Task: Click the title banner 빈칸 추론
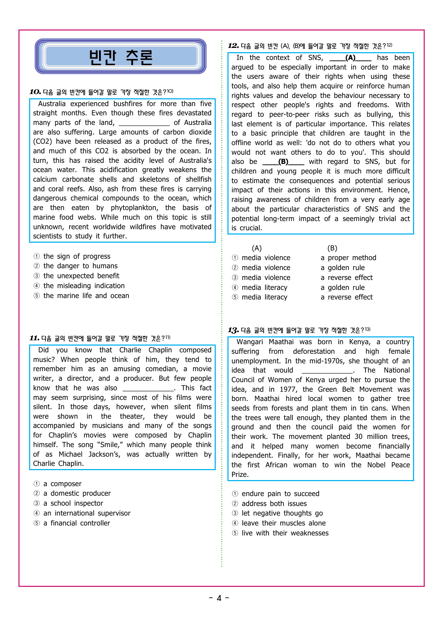121,57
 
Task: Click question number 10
35,92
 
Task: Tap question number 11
34,338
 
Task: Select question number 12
233,46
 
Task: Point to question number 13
233,330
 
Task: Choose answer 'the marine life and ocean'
86,296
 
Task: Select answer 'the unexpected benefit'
81,276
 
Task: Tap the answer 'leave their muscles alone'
284,523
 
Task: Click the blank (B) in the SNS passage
283,162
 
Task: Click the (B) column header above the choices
332,248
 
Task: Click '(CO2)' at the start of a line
42,142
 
